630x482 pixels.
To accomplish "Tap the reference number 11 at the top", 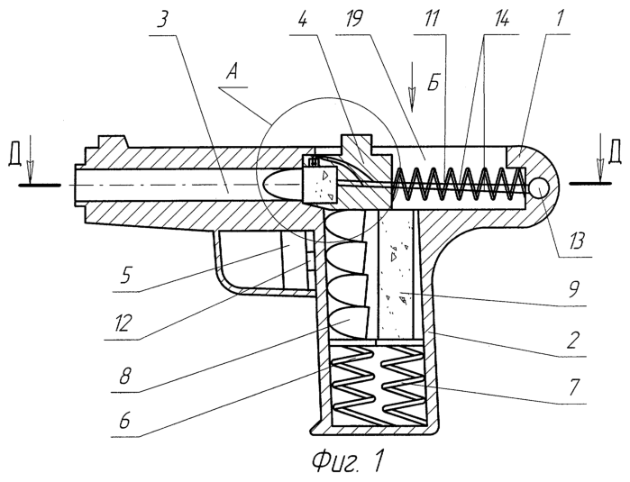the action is pyautogui.click(x=432, y=19).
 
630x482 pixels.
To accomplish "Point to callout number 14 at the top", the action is pyautogui.click(x=499, y=19).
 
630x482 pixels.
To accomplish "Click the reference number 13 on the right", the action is pyautogui.click(x=574, y=241).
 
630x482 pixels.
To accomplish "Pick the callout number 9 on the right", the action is pyautogui.click(x=574, y=290).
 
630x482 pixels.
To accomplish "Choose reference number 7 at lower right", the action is pyautogui.click(x=574, y=387).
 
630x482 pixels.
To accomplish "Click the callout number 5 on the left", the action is pyautogui.click(x=126, y=276).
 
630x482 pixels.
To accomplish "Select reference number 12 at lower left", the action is pyautogui.click(x=122, y=323).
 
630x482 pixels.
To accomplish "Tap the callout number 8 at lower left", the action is pyautogui.click(x=125, y=376).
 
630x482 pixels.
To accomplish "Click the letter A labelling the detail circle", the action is pyautogui.click(x=233, y=75).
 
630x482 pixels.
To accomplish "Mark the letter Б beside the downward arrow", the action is pyautogui.click(x=434, y=82).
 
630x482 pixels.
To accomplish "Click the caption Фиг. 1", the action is pyautogui.click(x=347, y=462).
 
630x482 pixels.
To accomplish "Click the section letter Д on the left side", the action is pyautogui.click(x=14, y=157).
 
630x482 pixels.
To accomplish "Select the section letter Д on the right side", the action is pyautogui.click(x=615, y=154).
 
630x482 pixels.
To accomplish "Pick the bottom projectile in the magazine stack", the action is pyautogui.click(x=349, y=323).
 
